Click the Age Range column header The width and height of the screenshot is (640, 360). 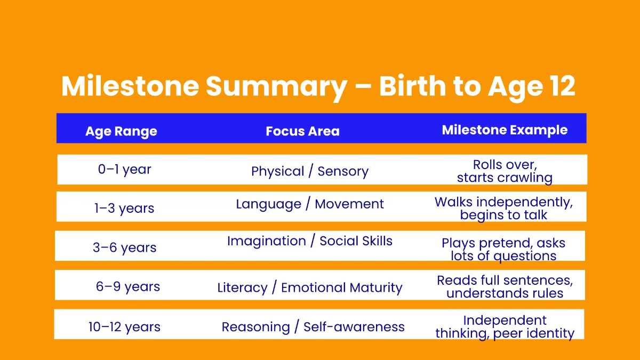point(121,131)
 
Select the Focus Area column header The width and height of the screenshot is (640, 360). point(302,131)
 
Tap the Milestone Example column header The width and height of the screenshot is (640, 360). point(505,130)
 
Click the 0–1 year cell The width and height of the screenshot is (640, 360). point(124,170)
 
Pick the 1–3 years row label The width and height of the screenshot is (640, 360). point(124,208)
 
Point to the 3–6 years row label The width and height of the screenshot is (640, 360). point(124,247)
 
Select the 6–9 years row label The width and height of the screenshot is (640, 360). point(127,286)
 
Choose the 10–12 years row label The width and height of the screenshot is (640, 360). point(124,326)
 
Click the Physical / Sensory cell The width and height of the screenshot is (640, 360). point(310,171)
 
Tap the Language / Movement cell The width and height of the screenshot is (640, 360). point(310,204)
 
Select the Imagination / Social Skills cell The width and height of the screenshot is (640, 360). point(310,241)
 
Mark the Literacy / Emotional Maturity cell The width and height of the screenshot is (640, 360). point(310,288)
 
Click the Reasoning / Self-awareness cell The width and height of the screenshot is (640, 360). point(313,327)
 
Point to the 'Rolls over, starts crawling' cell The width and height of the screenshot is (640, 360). point(505,171)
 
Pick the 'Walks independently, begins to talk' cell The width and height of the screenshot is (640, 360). point(503,209)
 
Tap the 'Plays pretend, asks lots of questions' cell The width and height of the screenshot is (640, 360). point(503,249)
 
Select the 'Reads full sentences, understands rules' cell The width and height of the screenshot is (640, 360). point(505,286)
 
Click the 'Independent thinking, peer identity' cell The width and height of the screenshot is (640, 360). point(505,327)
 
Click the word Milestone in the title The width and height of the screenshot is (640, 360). point(130,86)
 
